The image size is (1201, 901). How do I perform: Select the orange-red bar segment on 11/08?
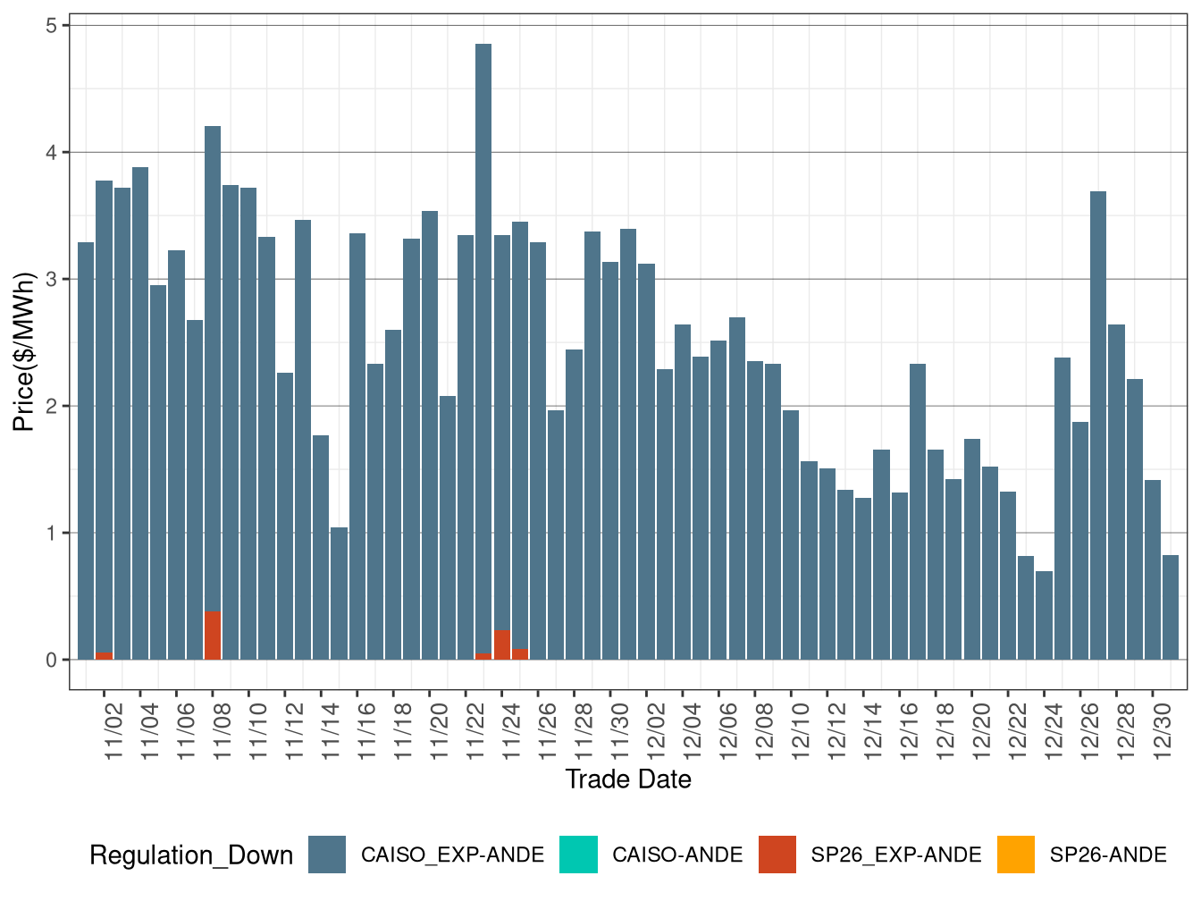click(x=213, y=636)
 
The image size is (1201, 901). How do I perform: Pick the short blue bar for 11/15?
click(x=339, y=594)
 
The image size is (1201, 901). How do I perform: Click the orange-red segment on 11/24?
click(x=502, y=645)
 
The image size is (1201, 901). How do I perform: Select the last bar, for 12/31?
click(x=1171, y=608)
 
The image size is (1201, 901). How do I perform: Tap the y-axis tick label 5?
click(x=52, y=26)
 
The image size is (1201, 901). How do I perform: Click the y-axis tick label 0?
click(x=52, y=661)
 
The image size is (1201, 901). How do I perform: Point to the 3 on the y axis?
click(x=52, y=280)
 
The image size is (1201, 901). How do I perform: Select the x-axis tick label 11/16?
click(x=366, y=731)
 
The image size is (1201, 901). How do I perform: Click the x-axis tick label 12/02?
click(x=656, y=731)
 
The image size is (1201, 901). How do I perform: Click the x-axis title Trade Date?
click(x=628, y=779)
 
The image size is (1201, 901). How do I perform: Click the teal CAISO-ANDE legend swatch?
click(x=578, y=855)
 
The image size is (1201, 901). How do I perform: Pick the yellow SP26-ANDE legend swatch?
click(x=1016, y=855)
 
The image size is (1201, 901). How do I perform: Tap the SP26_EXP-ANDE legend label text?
click(x=896, y=855)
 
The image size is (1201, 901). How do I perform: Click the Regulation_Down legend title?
click(x=191, y=855)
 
